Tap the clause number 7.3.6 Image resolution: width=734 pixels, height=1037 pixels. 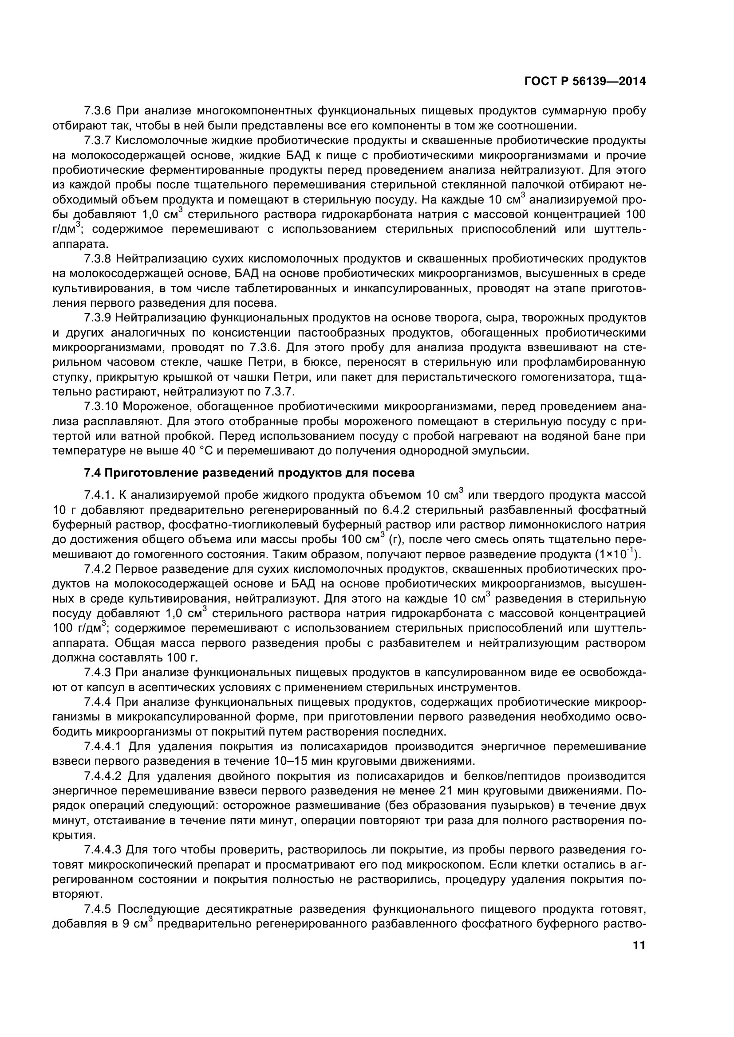point(97,110)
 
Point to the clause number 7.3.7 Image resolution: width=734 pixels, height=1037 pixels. point(97,140)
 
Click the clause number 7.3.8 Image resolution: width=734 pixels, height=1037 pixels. point(97,259)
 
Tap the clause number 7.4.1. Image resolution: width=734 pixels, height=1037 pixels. point(99,495)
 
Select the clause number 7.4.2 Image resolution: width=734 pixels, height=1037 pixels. point(97,569)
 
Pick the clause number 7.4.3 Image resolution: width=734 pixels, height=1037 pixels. point(97,673)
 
